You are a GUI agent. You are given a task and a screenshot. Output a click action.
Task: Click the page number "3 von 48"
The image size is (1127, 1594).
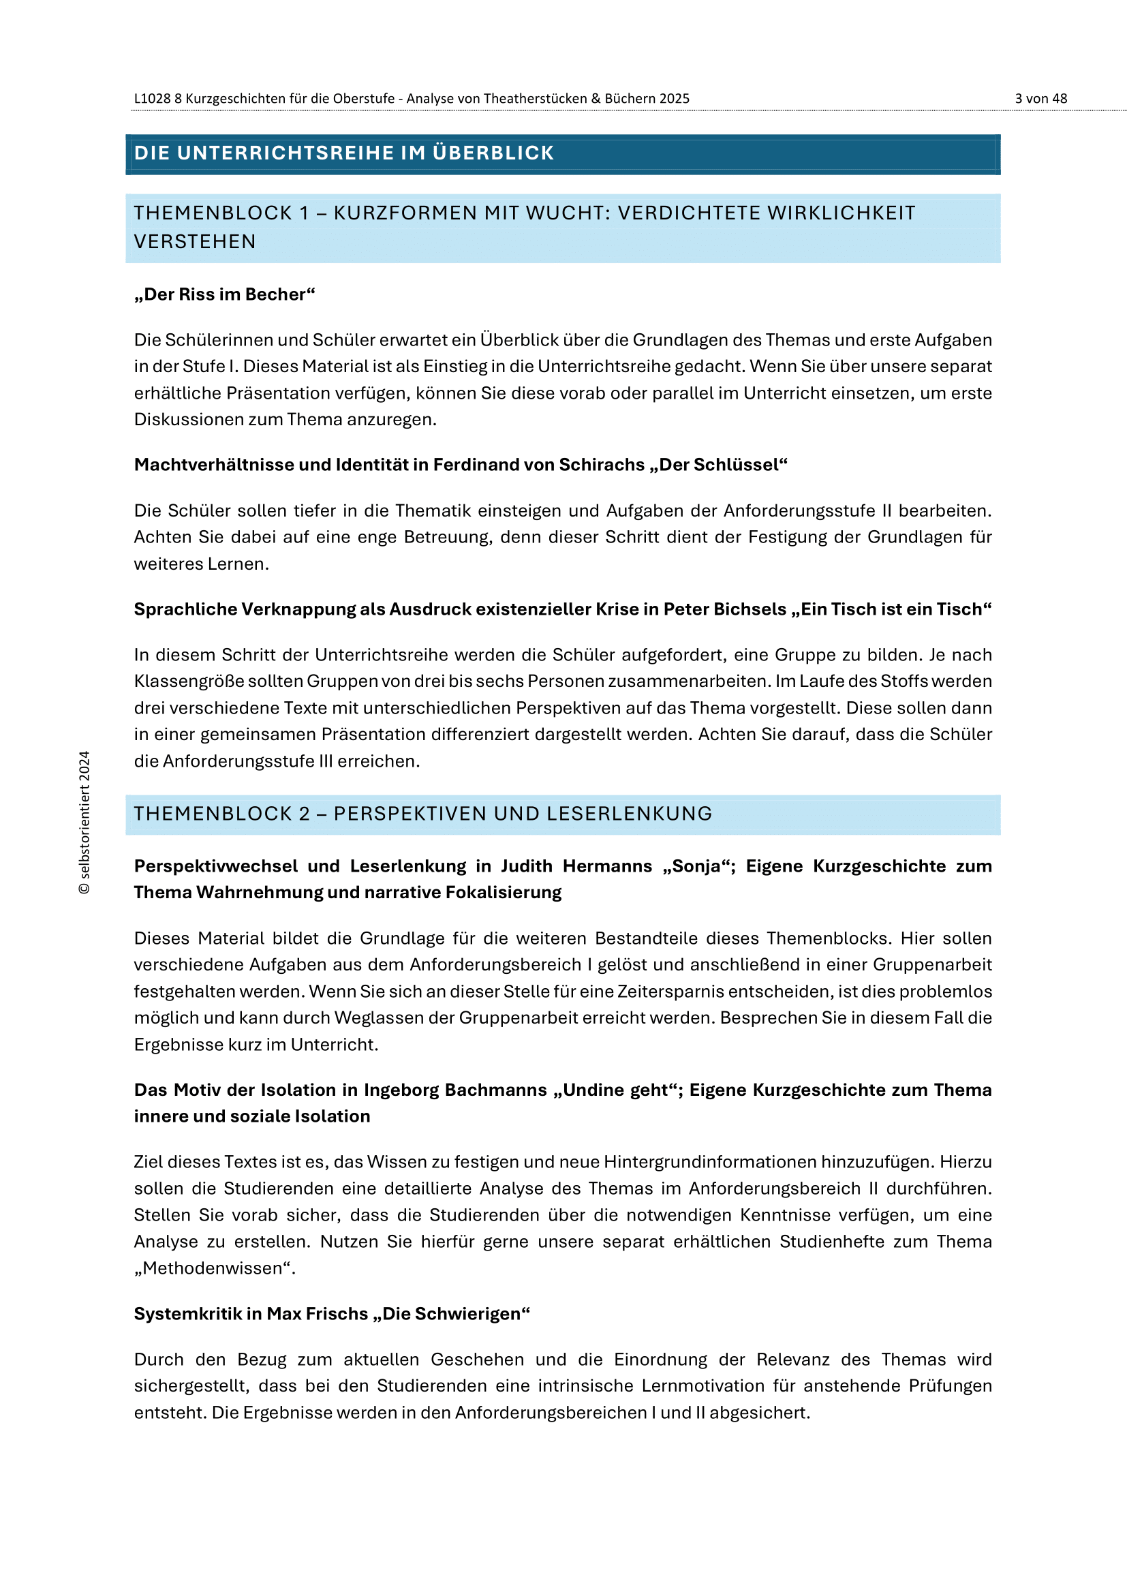click(x=1040, y=99)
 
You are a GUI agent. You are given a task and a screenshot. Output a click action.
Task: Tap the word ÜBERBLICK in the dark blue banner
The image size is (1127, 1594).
click(x=493, y=153)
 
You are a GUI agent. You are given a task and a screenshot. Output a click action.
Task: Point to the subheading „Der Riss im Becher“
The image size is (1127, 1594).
click(x=224, y=294)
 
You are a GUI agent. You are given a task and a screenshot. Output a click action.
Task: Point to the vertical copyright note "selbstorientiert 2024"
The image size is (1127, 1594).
click(x=84, y=822)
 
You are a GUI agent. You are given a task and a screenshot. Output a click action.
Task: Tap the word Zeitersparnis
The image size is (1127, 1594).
click(x=703, y=992)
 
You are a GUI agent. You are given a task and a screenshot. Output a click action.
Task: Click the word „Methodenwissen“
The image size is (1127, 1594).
click(x=215, y=1268)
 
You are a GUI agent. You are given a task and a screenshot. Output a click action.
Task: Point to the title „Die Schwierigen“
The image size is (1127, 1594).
click(x=451, y=1313)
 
